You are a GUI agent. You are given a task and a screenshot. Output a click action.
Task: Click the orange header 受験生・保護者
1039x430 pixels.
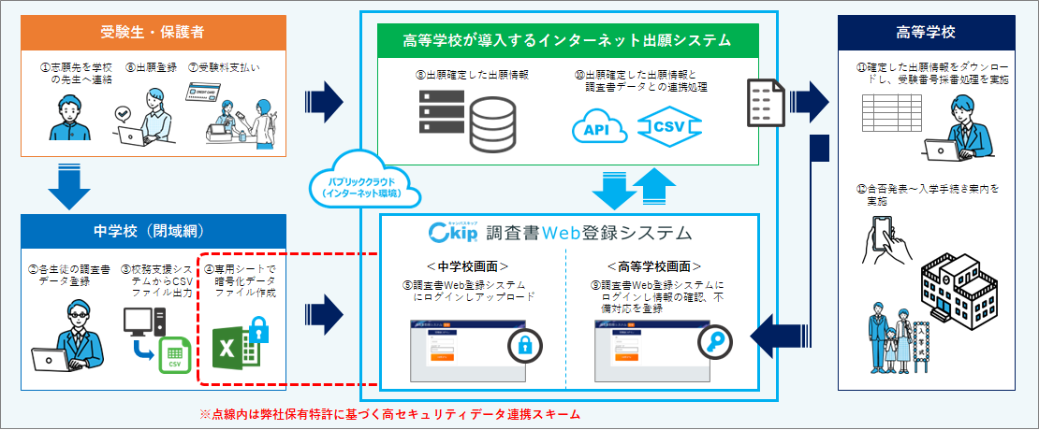tap(152, 33)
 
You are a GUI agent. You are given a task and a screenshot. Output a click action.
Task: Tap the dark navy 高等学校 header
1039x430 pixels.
tap(925, 33)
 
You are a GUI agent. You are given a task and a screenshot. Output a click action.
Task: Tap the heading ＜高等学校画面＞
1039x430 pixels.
tap(660, 265)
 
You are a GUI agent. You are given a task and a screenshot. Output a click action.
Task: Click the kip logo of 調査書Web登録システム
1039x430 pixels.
tap(457, 231)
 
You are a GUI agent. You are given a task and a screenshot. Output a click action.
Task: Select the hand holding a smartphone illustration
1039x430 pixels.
tap(888, 238)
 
